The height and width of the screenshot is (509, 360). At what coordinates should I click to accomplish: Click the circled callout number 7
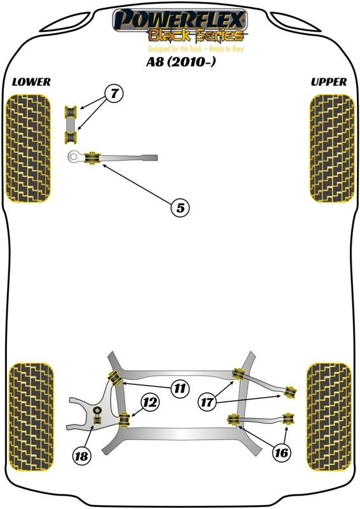click(x=114, y=94)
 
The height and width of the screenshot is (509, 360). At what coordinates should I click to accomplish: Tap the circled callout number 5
click(x=180, y=207)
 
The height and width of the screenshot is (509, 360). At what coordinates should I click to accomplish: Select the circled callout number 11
click(x=179, y=388)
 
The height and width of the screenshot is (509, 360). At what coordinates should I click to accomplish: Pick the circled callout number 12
click(x=150, y=403)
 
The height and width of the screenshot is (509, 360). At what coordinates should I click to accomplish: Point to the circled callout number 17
click(x=207, y=403)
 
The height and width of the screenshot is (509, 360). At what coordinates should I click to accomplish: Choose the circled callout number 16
click(x=281, y=452)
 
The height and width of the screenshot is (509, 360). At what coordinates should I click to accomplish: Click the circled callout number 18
click(x=81, y=456)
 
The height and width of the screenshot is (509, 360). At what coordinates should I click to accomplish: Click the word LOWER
click(x=31, y=82)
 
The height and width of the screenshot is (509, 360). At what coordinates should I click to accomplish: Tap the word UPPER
click(x=329, y=82)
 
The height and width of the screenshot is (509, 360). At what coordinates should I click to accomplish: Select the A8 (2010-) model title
click(x=181, y=62)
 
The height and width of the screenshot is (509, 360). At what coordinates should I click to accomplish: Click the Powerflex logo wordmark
click(x=180, y=20)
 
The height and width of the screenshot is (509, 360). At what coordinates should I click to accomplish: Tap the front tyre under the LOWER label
click(x=28, y=149)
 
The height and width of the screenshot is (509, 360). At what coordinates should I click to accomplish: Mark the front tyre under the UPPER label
click(x=332, y=149)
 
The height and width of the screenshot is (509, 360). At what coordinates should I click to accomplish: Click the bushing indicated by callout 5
click(x=92, y=158)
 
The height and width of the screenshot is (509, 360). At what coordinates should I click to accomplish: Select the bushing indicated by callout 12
click(x=124, y=420)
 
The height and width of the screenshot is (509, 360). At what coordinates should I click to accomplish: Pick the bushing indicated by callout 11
click(x=114, y=377)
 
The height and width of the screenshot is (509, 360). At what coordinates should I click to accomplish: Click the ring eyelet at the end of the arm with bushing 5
click(x=74, y=157)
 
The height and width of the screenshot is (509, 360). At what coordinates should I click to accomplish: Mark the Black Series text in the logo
click(x=196, y=35)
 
